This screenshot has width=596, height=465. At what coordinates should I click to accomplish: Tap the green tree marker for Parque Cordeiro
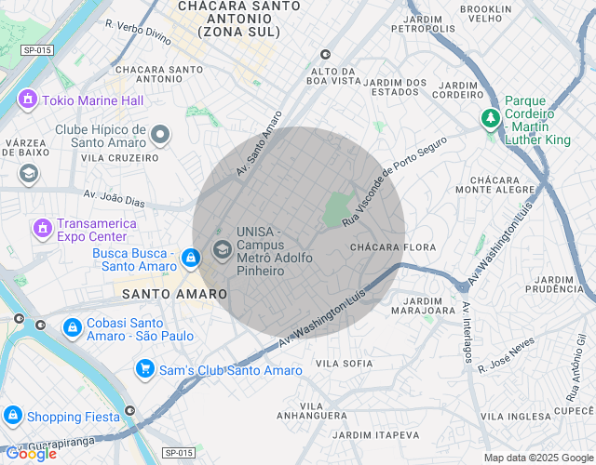click(x=490, y=118)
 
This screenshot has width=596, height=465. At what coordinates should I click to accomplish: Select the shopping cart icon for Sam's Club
click(x=144, y=369)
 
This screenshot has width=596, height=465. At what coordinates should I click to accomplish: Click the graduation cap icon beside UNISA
click(x=222, y=249)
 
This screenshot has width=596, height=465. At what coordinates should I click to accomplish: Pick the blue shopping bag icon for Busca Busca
click(x=190, y=258)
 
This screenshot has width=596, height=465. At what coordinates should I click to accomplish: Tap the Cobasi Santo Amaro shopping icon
click(x=72, y=327)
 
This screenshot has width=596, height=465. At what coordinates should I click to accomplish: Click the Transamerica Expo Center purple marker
click(x=41, y=227)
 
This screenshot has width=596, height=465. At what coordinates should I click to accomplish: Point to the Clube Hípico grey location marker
click(x=161, y=136)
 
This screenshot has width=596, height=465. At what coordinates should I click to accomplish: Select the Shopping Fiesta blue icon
click(x=12, y=416)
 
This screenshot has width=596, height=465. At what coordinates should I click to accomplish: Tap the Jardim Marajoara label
click(x=417, y=307)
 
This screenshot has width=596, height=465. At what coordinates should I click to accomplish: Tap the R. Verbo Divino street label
click(x=139, y=33)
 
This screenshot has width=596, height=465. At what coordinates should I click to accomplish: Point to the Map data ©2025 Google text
click(x=537, y=458)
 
